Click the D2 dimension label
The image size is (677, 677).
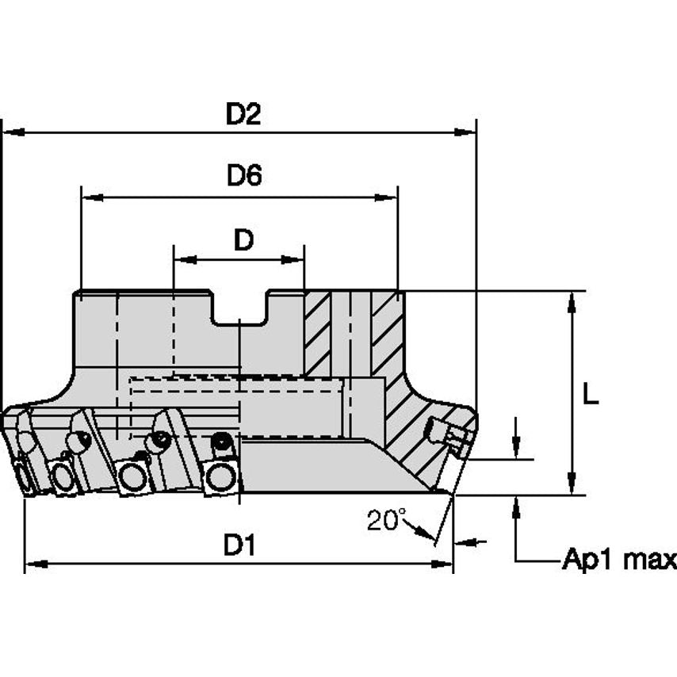point(243,115)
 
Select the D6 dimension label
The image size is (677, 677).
point(244,176)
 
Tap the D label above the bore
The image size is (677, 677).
point(243,239)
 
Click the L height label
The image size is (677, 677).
point(591,395)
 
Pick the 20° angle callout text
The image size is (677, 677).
point(387,520)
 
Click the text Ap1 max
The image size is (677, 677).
point(619,560)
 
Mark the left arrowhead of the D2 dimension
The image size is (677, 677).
point(11,132)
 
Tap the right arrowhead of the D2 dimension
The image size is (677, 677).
point(467,132)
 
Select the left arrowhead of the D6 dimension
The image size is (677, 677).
point(90,196)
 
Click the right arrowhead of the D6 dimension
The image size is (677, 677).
point(388,196)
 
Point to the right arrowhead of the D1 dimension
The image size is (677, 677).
point(443,564)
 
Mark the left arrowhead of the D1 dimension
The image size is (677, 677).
point(34,564)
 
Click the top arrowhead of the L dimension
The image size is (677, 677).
point(572,300)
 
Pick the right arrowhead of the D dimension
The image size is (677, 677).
point(295,258)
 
